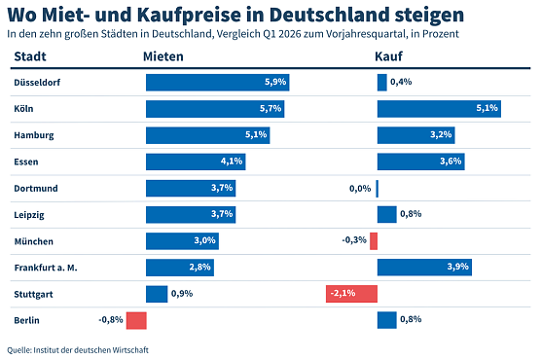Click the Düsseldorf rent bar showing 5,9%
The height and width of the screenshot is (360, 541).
tap(217, 83)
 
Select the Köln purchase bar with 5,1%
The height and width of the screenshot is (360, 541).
tap(438, 109)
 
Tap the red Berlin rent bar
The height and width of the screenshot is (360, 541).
tap(135, 320)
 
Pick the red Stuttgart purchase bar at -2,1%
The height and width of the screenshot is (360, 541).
tap(351, 294)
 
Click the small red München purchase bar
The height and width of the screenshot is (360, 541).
tap(374, 241)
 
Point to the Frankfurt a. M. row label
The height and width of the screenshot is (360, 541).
tap(47, 268)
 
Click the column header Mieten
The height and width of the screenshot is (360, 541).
tap(162, 57)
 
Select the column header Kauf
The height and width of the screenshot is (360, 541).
tap(389, 57)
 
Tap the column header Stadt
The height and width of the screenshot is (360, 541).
tap(31, 57)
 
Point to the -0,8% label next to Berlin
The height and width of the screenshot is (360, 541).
tap(110, 320)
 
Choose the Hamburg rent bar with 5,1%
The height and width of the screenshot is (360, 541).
tap(207, 135)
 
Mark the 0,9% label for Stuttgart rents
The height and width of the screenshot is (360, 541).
tap(182, 294)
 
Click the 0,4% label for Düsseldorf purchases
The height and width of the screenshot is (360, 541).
tap(400, 83)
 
